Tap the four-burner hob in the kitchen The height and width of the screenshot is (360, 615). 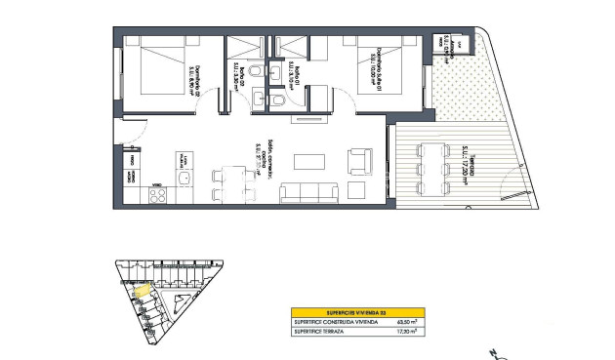154,195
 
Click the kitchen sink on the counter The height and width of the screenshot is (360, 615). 182,160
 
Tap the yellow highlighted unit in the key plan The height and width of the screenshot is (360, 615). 142,289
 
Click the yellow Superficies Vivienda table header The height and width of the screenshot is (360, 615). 355,311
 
